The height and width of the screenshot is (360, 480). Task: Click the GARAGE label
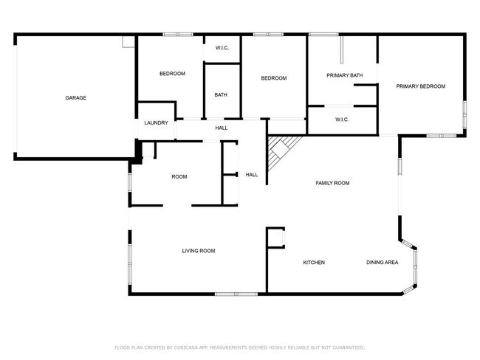point(76,97)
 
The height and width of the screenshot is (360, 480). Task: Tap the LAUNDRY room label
point(156,122)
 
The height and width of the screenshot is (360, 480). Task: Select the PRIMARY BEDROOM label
point(420,86)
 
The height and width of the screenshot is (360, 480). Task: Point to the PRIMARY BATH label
point(345,75)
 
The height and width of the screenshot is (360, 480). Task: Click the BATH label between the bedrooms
point(221,94)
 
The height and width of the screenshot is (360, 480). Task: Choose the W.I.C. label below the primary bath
point(342,120)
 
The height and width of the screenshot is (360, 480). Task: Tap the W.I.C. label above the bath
point(222,48)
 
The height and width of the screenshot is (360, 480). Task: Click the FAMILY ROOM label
point(332,182)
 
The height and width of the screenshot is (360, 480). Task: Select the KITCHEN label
point(315,262)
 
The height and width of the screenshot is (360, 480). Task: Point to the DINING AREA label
point(383,262)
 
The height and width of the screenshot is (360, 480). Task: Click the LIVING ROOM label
point(199,251)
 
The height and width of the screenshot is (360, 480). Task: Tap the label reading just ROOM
point(179,176)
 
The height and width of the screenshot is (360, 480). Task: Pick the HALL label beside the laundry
point(221,128)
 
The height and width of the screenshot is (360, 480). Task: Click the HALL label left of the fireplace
point(252,175)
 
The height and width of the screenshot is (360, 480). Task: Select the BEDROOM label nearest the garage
point(172,73)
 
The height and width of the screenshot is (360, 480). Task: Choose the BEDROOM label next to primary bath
point(273,78)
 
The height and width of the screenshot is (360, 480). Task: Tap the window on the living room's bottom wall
point(236,294)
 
